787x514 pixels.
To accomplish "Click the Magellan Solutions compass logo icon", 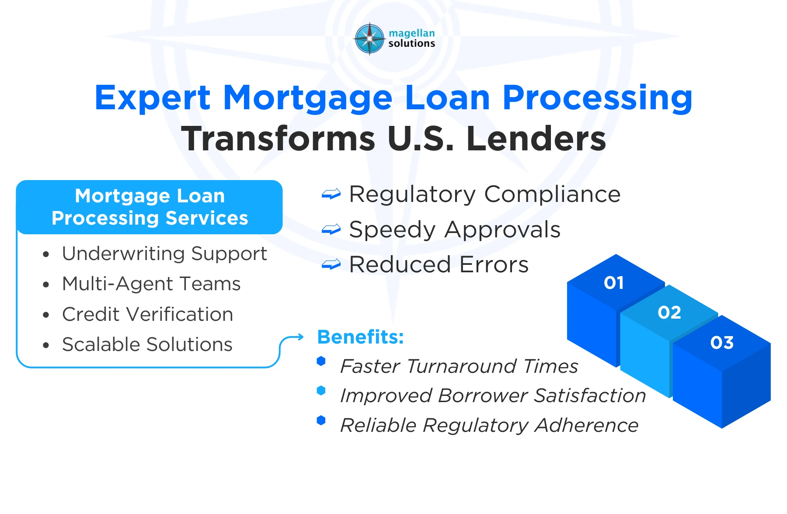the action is [x=370, y=39].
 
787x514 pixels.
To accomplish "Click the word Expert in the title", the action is [x=153, y=98].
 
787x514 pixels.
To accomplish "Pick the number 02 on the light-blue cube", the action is [x=669, y=313].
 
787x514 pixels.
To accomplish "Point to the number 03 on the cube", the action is [x=722, y=343].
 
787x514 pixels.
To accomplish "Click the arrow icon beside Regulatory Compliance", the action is [x=331, y=194].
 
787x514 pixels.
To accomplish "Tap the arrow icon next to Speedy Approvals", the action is [x=331, y=229].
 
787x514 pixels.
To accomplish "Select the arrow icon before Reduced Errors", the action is [x=331, y=264].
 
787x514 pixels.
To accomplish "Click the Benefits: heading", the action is [x=361, y=337].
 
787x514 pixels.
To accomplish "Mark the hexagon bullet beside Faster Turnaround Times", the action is [x=321, y=361].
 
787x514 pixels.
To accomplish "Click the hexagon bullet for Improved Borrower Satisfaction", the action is [x=321, y=391].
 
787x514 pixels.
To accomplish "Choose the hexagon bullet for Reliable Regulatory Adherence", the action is [x=321, y=420].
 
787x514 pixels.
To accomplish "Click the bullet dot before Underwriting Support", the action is [x=46, y=254].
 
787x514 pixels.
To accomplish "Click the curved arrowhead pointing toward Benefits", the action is [x=300, y=337].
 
